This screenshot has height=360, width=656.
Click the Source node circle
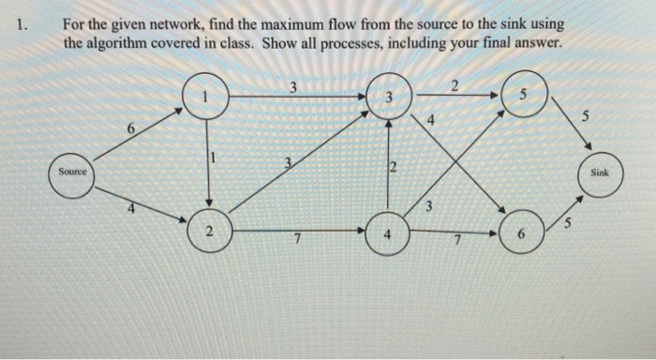(71, 173)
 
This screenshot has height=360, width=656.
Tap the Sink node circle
(600, 174)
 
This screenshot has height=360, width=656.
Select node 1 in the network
(208, 96)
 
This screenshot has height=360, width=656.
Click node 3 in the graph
(388, 97)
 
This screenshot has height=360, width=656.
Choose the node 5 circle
(522, 96)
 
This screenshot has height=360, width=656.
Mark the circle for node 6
(522, 233)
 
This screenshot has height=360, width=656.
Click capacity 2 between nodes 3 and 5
(454, 86)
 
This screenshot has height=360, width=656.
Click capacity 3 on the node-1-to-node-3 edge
(292, 87)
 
